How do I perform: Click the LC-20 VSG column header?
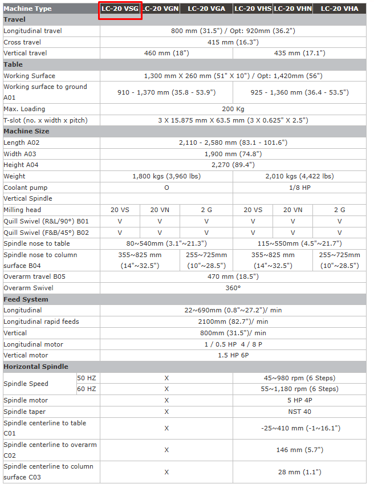coord(120,9)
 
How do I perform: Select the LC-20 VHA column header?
coord(339,9)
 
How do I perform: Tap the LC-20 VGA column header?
coord(206,9)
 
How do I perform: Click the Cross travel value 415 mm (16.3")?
coord(233,42)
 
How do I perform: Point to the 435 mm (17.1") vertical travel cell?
coord(299,53)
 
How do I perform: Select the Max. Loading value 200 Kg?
coord(233,109)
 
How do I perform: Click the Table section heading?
coord(13,64)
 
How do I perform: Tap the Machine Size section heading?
coord(26,131)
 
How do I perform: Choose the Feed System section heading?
coord(26,299)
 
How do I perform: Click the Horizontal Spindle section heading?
coord(35,367)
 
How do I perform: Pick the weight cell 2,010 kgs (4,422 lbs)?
coord(299,176)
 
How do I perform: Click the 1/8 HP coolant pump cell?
coord(299,188)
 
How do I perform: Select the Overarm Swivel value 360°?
coord(233,288)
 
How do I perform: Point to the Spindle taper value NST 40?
coord(299,412)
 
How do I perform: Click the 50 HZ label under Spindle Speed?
coord(87,378)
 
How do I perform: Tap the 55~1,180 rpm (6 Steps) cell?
coord(299,389)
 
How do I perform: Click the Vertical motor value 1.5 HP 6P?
coord(233,355)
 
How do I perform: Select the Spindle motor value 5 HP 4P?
coord(299,400)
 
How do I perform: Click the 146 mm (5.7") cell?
coord(299,450)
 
